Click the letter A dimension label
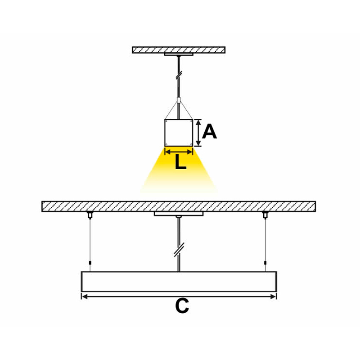[209, 131]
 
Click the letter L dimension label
[181, 162]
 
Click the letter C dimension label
[182, 306]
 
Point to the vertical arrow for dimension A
[198, 133]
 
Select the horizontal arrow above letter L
[179, 152]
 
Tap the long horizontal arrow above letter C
[179, 297]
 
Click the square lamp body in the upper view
[179, 133]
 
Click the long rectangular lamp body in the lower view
[179, 282]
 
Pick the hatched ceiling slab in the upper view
[179, 50]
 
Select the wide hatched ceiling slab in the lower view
[179, 206]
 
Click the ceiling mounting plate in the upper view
[179, 54]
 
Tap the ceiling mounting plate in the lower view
[179, 214]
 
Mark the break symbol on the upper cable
[179, 75]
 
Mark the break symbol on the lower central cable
[179, 249]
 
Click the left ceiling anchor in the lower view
[90, 215]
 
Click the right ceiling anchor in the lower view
[265, 215]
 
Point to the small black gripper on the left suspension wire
[90, 263]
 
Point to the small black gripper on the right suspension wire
[265, 263]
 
